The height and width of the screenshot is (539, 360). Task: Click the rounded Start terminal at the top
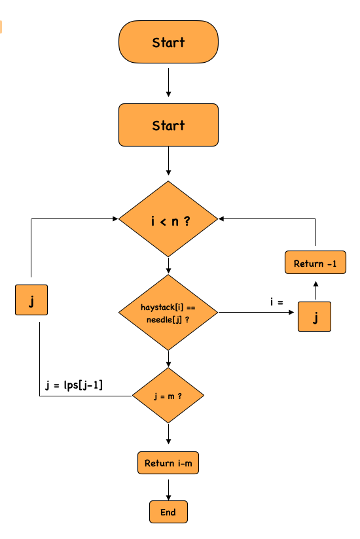click(x=168, y=43)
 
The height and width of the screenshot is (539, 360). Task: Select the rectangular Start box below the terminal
click(x=168, y=125)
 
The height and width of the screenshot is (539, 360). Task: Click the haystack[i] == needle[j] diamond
click(x=168, y=313)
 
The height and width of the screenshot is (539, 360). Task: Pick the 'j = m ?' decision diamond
click(x=168, y=396)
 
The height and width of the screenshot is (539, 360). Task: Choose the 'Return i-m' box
click(x=168, y=463)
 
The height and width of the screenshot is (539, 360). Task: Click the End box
click(x=168, y=512)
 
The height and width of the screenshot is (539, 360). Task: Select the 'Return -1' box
click(x=315, y=264)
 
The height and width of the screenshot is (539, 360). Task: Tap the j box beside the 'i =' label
click(x=315, y=318)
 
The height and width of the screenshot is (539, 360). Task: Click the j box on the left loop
click(x=31, y=301)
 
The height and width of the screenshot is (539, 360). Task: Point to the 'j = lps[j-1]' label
click(x=73, y=385)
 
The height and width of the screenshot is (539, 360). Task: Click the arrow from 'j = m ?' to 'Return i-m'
click(x=168, y=436)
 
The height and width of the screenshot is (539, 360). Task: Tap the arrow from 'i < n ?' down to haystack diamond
click(x=168, y=266)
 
